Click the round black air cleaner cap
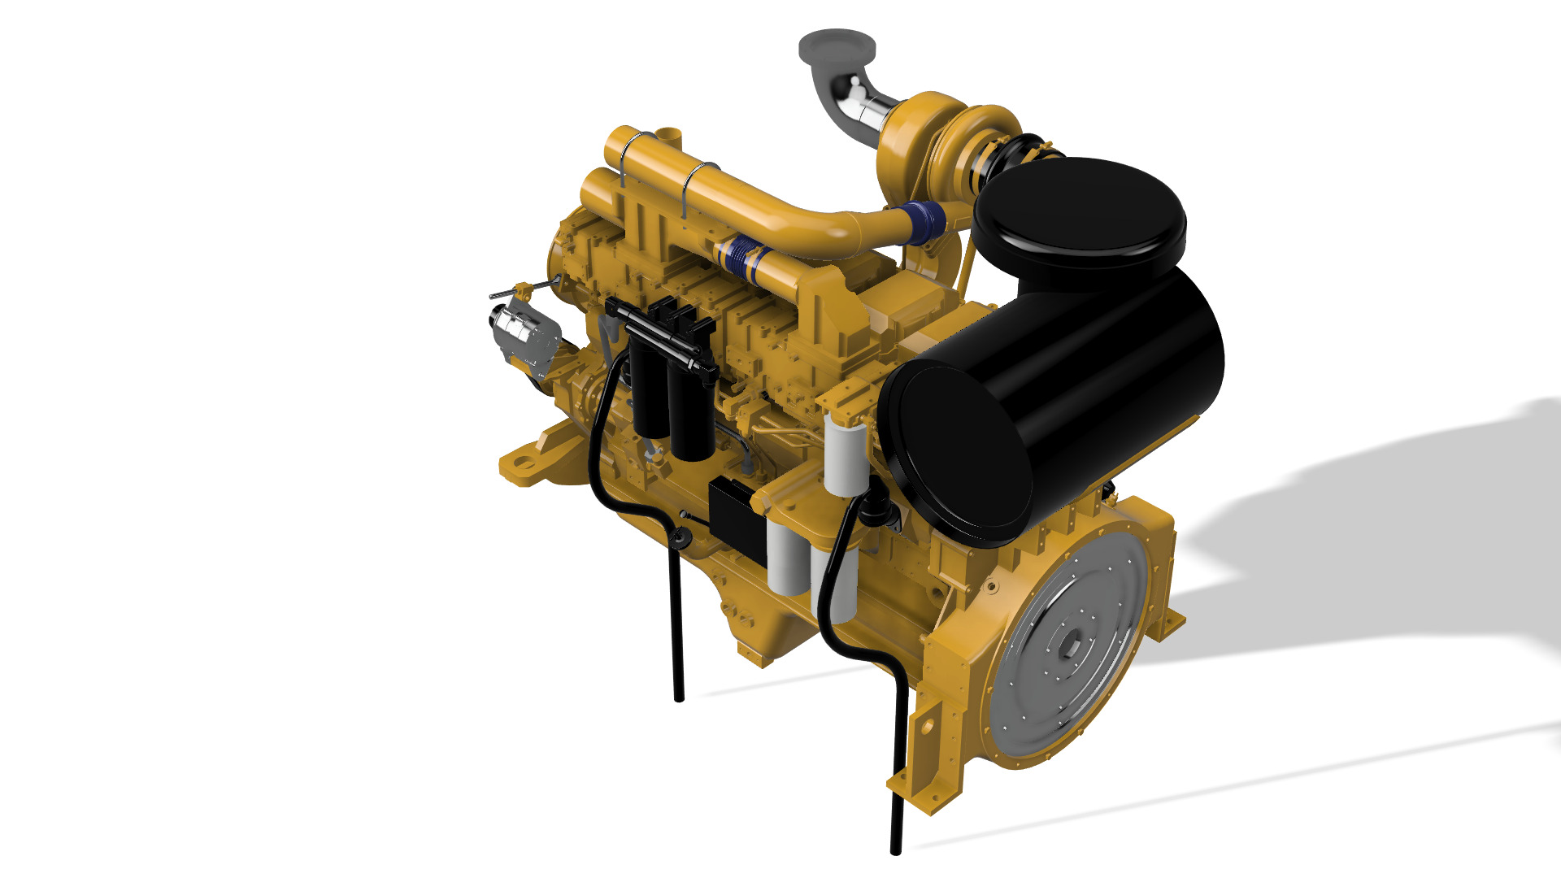(1080, 213)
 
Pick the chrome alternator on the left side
(520, 333)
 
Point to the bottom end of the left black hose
(679, 695)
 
